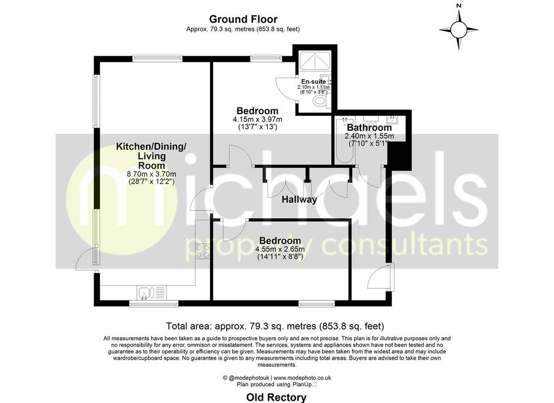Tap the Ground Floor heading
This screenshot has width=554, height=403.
point(243,19)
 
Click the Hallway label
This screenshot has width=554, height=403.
point(299,200)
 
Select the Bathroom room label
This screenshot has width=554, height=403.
point(369,128)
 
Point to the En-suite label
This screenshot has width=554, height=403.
point(313,82)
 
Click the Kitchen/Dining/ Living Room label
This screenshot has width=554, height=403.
point(151,156)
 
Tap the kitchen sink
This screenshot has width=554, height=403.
point(146,293)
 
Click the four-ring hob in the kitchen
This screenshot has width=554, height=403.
point(202,251)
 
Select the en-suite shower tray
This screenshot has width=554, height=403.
point(315,63)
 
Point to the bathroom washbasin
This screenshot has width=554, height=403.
point(392,120)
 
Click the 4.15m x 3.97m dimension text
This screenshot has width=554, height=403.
point(257,120)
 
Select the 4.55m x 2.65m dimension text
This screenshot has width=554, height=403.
point(280,249)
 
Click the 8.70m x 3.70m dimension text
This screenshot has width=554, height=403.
point(151,174)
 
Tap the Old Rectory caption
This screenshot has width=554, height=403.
point(276,398)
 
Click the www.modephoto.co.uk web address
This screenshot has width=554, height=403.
point(302,378)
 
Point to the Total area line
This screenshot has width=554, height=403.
point(275,326)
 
